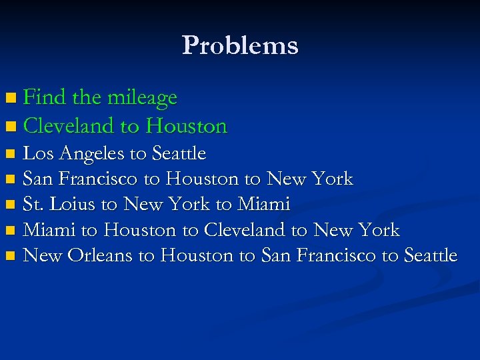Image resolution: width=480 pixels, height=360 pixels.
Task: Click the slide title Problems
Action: (239, 45)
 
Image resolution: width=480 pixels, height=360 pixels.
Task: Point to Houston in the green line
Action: (186, 125)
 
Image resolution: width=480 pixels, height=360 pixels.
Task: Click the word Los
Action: (39, 153)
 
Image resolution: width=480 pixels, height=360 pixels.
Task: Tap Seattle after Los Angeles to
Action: (179, 153)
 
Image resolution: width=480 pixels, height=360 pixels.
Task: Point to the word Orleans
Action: (100, 255)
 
